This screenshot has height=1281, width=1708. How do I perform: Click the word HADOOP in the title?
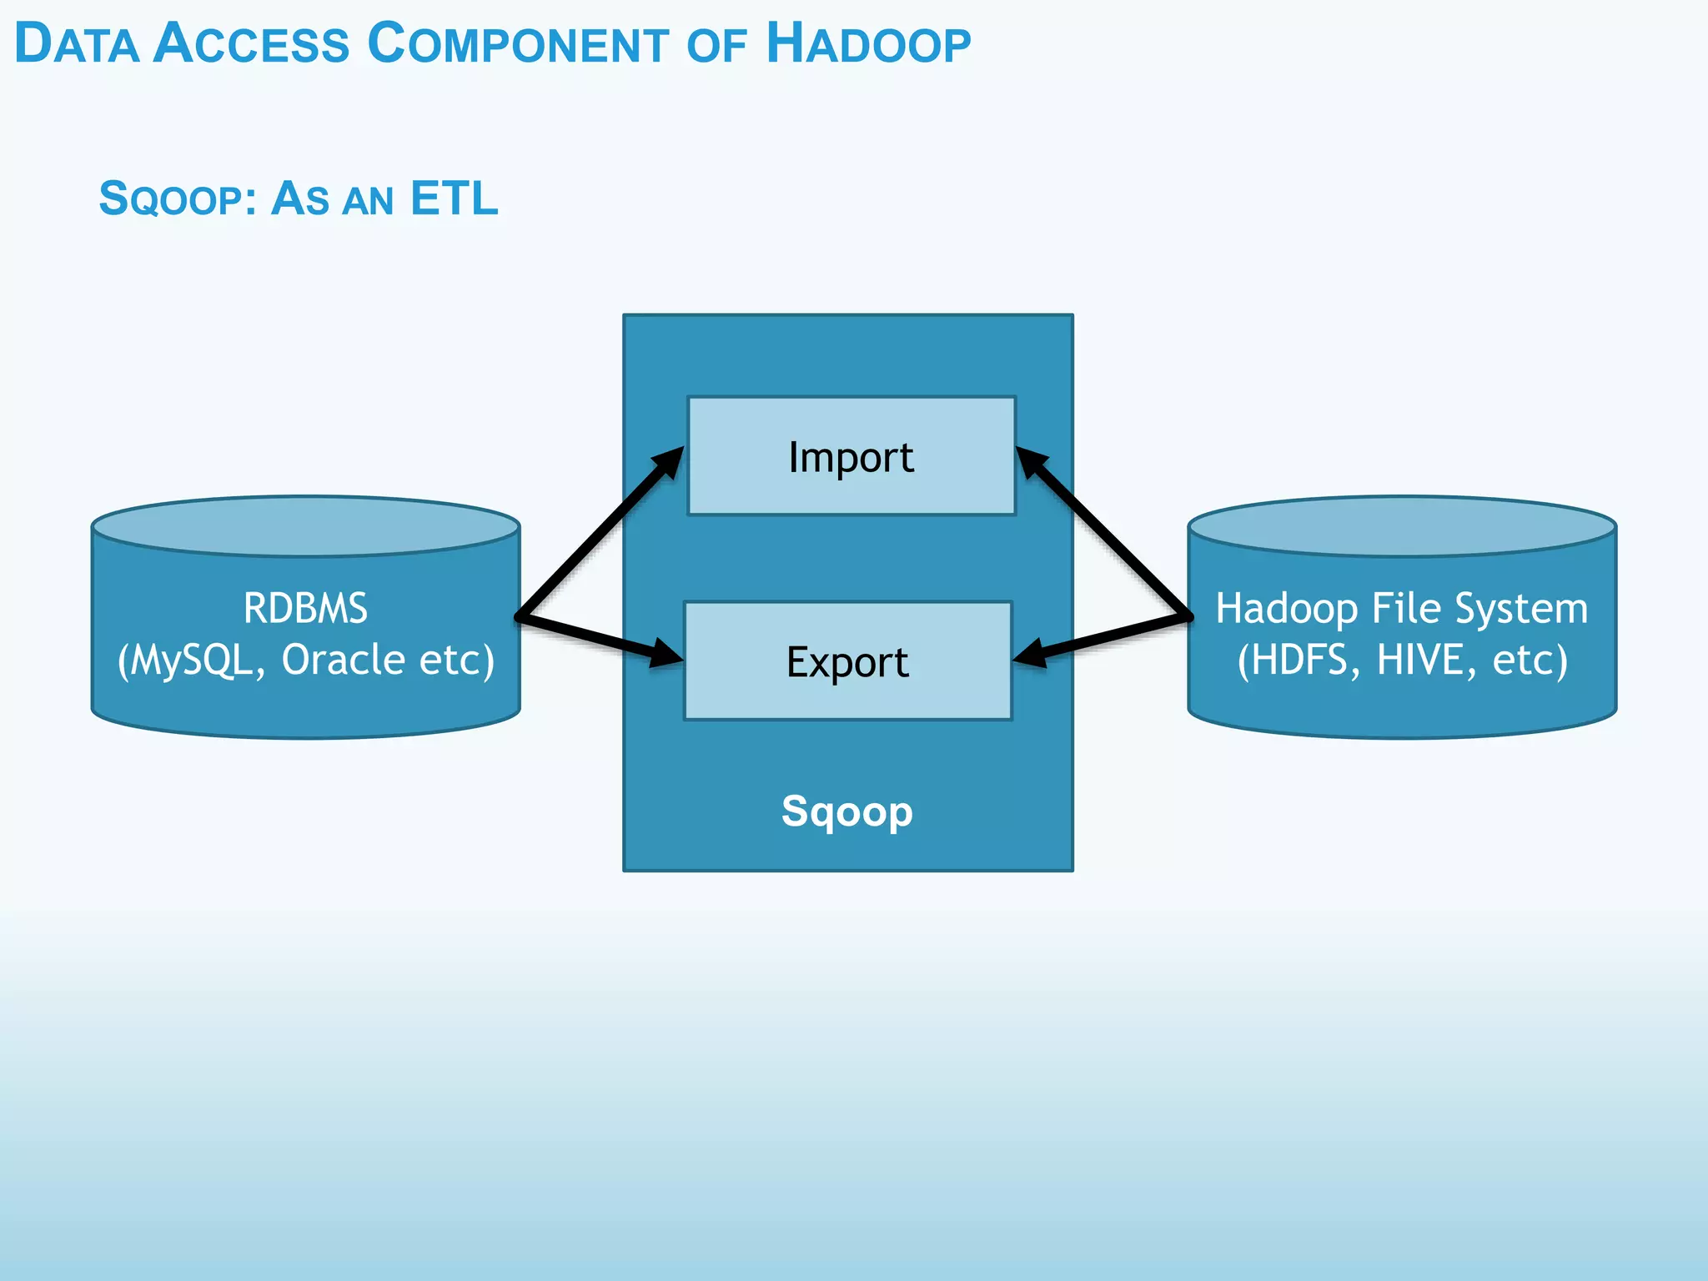tap(868, 44)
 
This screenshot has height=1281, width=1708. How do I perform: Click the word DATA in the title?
tap(77, 44)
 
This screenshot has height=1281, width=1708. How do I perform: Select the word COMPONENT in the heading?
tap(517, 44)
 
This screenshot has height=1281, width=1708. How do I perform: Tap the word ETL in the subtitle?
tap(454, 198)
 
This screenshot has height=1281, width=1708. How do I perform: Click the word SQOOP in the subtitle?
tap(171, 200)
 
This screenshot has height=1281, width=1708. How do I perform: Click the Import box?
tap(851, 456)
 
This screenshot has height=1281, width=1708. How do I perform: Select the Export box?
tap(847, 661)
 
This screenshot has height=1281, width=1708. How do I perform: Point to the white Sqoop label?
tap(846, 811)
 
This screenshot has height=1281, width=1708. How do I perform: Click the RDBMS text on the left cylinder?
tap(305, 608)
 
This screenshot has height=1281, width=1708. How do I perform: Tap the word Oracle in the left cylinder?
tap(344, 660)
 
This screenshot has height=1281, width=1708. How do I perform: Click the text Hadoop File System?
tap(1401, 608)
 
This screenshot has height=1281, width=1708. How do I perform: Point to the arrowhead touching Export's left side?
tap(666, 653)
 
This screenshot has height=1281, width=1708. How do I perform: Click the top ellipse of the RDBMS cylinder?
tap(305, 526)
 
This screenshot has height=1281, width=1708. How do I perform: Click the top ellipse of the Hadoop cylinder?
tap(1402, 526)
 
